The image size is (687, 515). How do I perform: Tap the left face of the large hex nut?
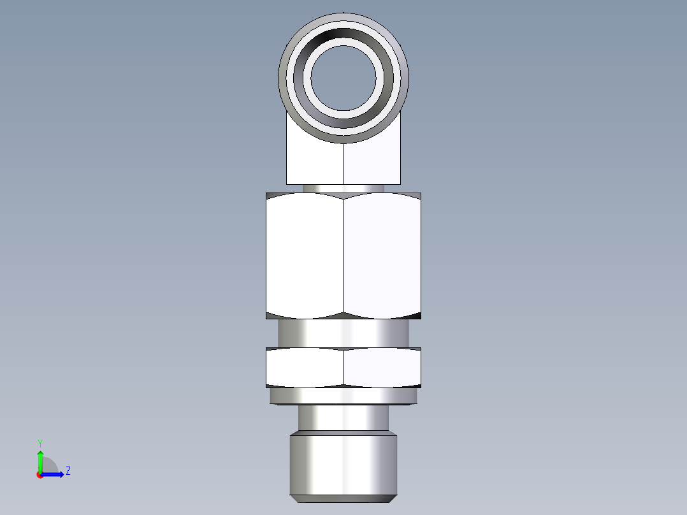tap(305, 255)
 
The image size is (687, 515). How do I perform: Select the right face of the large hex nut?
tap(382, 255)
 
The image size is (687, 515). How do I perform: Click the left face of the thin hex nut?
tap(305, 368)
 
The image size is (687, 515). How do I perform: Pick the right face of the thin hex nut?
tap(382, 368)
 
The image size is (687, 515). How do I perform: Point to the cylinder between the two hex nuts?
tap(343, 333)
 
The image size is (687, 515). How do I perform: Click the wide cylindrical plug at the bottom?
tap(343, 462)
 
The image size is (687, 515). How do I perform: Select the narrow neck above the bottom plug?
tap(343, 417)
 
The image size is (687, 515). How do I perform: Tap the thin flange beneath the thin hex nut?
tap(343, 396)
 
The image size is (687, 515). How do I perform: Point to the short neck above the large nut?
tap(343, 188)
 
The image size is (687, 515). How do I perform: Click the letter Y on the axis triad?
tap(40, 443)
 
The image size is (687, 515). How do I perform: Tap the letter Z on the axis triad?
tap(68, 472)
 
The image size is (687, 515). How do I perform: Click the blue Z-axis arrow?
tap(54, 474)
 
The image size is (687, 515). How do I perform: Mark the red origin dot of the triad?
tap(40, 475)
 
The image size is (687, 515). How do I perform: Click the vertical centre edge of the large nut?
tap(343, 255)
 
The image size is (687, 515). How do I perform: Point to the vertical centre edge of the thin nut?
tap(343, 368)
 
